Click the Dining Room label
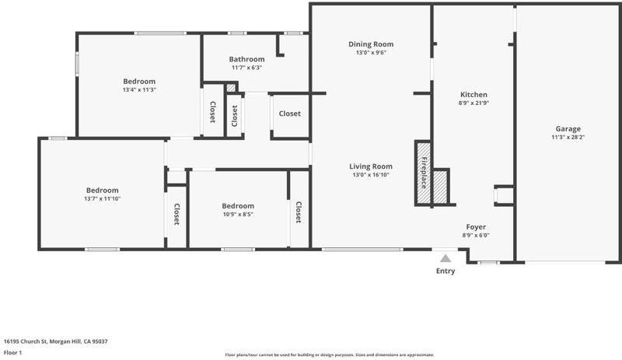coord(371,44)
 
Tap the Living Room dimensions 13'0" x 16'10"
coord(371,175)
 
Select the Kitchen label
coord(473,94)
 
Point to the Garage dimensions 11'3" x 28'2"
coord(568,138)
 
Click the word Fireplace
coord(424,173)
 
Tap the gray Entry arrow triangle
coord(446,258)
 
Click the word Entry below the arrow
coord(446,271)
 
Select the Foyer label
coord(476,226)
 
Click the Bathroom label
coord(246,59)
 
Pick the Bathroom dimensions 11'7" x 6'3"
coord(246,68)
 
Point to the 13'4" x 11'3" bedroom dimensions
coord(139,89)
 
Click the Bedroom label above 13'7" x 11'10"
coord(103,190)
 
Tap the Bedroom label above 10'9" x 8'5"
coord(238,205)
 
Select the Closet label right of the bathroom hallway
coord(289,114)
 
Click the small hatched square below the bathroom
coord(231,88)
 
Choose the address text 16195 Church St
coord(26,341)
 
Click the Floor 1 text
coord(12,352)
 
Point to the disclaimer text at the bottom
coord(330,355)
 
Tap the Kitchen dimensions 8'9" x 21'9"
coord(473,103)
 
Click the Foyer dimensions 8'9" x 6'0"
coord(476,235)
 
